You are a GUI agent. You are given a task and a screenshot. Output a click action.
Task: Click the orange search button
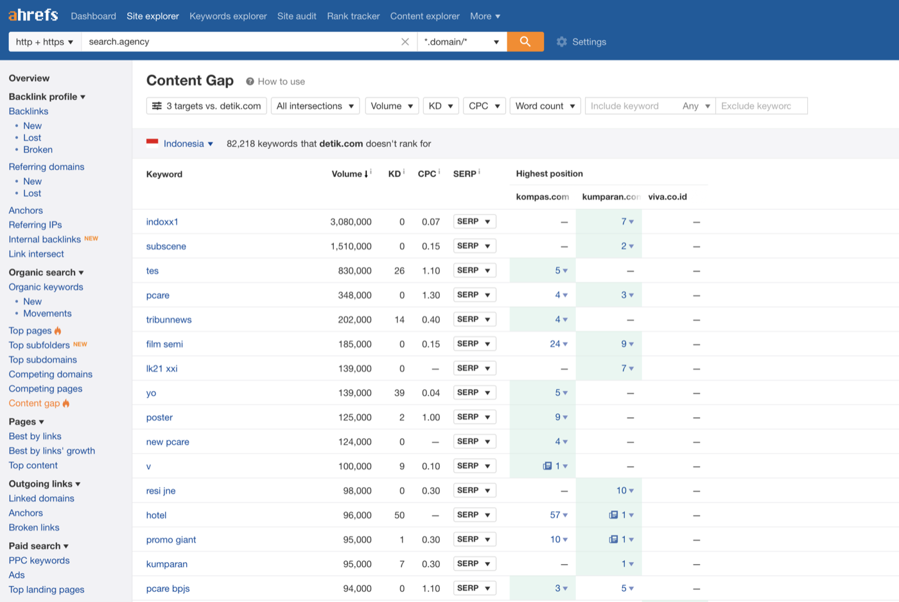[x=525, y=42]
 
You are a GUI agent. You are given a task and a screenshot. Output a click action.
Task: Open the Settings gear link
[x=581, y=42]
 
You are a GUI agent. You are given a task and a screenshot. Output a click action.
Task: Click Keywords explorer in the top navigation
[x=228, y=16]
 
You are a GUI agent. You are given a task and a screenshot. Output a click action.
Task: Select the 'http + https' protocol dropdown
[x=45, y=42]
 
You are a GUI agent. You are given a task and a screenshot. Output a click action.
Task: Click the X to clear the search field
[x=405, y=42]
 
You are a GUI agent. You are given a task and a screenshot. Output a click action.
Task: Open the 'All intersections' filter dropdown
[x=315, y=106]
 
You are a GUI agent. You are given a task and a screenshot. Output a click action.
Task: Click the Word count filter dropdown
[x=545, y=106]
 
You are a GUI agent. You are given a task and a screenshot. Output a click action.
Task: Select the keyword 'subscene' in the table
[x=166, y=246]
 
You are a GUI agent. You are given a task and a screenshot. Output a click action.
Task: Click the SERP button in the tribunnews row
[x=475, y=319]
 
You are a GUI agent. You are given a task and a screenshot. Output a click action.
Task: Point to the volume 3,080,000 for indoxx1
[x=351, y=222]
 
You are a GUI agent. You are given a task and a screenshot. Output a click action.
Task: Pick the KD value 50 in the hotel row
[x=399, y=515]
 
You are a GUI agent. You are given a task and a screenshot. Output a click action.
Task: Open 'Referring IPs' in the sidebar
[x=35, y=225]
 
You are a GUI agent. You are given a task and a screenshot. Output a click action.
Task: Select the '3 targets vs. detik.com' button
[x=206, y=106]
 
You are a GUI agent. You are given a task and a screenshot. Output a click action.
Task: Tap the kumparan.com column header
[x=611, y=196]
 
